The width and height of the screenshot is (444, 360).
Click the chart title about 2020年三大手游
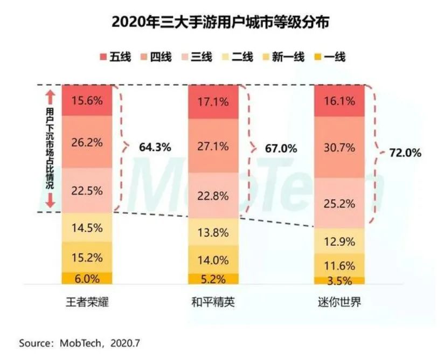pyautogui.click(x=221, y=23)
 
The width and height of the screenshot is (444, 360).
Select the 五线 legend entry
pyautogui.click(x=115, y=56)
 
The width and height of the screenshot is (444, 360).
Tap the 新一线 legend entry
pyautogui.click(x=283, y=56)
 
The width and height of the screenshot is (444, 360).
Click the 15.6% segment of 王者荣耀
pyautogui.click(x=87, y=101)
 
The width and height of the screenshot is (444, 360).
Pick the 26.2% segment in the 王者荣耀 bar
pyautogui.click(x=87, y=142)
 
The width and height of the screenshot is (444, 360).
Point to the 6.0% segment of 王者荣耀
pyautogui.click(x=87, y=279)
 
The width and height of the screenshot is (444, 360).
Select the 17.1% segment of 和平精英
pyautogui.click(x=213, y=102)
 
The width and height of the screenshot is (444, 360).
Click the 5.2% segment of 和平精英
pyautogui.click(x=213, y=279)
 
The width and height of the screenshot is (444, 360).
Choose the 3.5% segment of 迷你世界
pyautogui.click(x=339, y=281)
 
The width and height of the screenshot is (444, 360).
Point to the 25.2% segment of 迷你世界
pyautogui.click(x=339, y=203)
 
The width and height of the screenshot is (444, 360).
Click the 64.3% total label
pyautogui.click(x=155, y=147)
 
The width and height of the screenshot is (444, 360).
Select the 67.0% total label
pyautogui.click(x=281, y=148)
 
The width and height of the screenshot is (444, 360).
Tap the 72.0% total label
pyautogui.click(x=405, y=153)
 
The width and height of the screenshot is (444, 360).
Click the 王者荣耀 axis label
pyautogui.click(x=87, y=302)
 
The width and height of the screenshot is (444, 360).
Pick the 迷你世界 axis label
pyautogui.click(x=339, y=302)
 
